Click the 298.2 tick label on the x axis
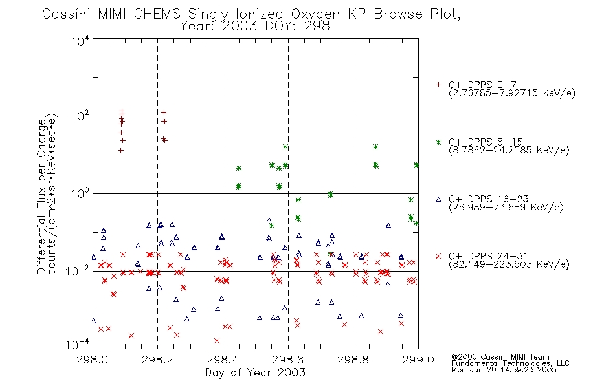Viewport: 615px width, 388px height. pos(157,360)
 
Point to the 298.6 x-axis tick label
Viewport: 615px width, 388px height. pos(288,360)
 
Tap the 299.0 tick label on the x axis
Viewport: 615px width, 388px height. pos(418,360)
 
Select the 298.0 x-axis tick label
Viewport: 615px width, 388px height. pos(92,360)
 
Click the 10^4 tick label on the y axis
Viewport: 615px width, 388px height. pos(80,41)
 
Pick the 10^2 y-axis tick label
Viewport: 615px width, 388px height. pos(80,116)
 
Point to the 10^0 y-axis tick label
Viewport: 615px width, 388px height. pos(80,193)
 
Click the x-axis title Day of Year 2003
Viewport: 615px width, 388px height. pos(255,372)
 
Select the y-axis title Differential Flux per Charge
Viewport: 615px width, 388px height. pos(41,197)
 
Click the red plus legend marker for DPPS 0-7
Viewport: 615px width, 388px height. pos(438,85)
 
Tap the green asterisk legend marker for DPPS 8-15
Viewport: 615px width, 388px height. pos(438,142)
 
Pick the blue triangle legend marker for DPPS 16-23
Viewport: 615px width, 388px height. pos(438,199)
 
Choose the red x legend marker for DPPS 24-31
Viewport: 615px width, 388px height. pos(438,256)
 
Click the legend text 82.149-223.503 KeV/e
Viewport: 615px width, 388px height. pos(509,264)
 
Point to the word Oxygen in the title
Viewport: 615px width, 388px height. pos(316,14)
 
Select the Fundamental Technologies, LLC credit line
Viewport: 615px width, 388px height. pos(510,363)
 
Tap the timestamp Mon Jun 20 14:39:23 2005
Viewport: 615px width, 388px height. pos(504,370)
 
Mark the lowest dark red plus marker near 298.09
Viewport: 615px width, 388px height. pos(121,151)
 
